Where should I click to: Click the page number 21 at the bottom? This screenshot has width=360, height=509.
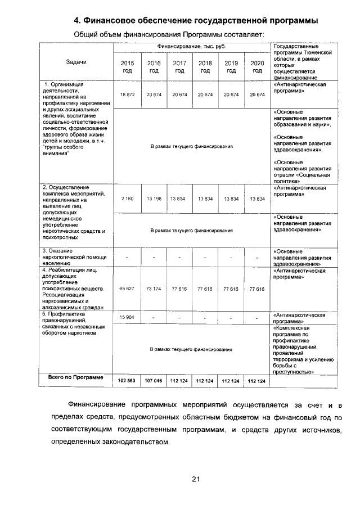(x=196, y=479)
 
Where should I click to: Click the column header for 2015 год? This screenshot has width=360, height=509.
(x=128, y=67)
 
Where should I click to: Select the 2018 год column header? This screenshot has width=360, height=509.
(x=205, y=67)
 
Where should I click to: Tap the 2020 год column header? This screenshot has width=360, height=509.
(x=258, y=67)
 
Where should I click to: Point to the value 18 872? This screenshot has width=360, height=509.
(x=127, y=95)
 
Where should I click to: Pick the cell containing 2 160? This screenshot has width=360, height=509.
(x=127, y=199)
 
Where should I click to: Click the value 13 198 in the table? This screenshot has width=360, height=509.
(x=154, y=199)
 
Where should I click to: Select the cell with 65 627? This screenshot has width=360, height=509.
(x=127, y=288)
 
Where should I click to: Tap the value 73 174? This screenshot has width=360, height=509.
(x=154, y=288)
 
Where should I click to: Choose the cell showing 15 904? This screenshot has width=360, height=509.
(x=127, y=318)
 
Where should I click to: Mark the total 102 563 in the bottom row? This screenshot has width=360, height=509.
(x=127, y=381)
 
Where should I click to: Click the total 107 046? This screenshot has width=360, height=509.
(x=154, y=381)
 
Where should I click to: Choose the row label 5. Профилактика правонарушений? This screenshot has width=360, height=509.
(x=75, y=322)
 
